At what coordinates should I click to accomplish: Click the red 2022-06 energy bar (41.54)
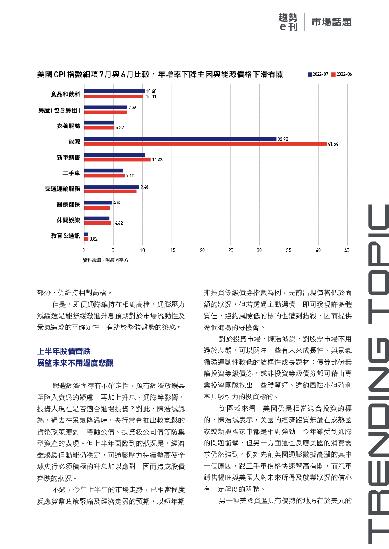click(x=206, y=144)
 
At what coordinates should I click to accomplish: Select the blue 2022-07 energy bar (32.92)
click(x=180, y=139)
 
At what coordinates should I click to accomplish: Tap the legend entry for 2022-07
click(x=318, y=74)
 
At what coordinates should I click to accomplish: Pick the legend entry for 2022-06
click(x=342, y=74)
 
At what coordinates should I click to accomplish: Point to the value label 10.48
click(x=151, y=91)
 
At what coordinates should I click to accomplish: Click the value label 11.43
click(x=157, y=160)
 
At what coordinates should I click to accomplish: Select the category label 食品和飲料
click(x=65, y=94)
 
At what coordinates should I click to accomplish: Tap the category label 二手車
click(x=71, y=173)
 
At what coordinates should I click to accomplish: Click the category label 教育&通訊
click(x=65, y=236)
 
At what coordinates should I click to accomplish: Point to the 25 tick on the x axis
click(x=231, y=250)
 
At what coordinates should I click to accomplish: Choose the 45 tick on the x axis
click(x=347, y=250)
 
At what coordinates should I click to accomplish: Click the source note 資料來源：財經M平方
click(x=105, y=260)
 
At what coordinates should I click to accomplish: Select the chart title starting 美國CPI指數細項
click(x=160, y=74)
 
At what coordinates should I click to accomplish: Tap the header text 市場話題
click(x=331, y=22)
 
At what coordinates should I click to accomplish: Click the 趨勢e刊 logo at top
click(x=288, y=22)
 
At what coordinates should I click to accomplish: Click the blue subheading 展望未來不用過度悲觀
click(x=75, y=363)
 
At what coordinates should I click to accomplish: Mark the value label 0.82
click(x=94, y=239)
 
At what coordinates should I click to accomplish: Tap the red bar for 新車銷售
click(x=117, y=160)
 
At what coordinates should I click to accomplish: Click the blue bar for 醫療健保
click(x=98, y=202)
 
